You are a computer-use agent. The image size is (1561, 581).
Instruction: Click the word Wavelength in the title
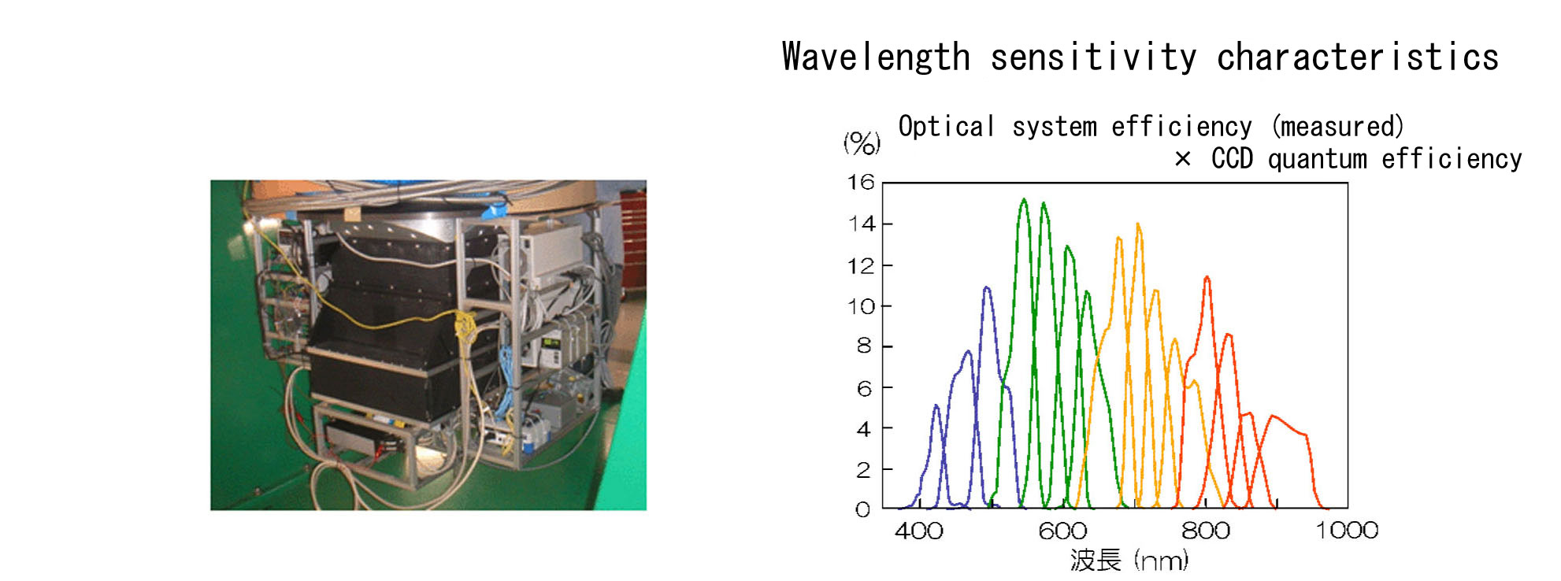[x=876, y=58]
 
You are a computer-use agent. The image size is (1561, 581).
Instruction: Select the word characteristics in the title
[x=1358, y=57]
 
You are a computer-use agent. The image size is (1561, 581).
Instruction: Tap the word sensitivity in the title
[x=1093, y=58]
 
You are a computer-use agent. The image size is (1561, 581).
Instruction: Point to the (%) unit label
[x=862, y=142]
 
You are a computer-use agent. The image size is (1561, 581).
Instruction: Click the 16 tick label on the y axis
[x=861, y=183]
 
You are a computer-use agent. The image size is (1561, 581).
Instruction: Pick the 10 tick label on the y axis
[x=861, y=306]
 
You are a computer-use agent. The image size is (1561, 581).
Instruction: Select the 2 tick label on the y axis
[x=864, y=470]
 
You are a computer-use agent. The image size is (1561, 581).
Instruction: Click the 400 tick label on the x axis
[x=919, y=531]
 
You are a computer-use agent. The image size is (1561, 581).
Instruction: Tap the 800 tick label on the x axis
[x=1206, y=531]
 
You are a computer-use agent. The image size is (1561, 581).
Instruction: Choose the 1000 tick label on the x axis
[x=1348, y=531]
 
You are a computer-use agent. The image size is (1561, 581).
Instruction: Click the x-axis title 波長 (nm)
[x=1129, y=561]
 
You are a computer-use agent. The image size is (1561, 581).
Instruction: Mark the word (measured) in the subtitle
[x=1338, y=127]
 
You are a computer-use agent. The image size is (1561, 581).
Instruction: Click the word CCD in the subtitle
[x=1232, y=159]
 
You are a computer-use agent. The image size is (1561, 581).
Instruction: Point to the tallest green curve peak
[x=1024, y=200]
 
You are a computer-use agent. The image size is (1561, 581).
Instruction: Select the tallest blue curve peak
[x=987, y=289]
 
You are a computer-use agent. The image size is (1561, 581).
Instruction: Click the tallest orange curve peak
[x=1138, y=225]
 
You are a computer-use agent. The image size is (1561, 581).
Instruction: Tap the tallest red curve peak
[x=1207, y=278]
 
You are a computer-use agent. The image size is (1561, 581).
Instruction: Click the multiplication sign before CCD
[x=1182, y=160]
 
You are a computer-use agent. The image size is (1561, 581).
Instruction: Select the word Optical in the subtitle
[x=947, y=127]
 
